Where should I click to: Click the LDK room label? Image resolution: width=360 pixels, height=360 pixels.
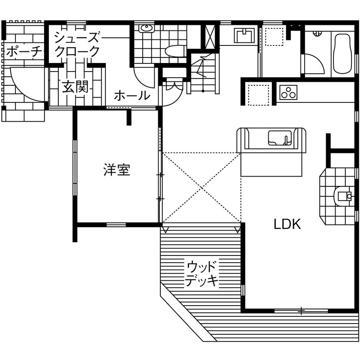287,224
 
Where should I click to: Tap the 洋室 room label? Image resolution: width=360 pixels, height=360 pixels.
117,170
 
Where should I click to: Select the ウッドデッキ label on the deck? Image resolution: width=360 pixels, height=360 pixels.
202,273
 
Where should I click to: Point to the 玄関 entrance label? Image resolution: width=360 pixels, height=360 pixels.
75,87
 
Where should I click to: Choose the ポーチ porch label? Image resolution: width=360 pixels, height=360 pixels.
24,52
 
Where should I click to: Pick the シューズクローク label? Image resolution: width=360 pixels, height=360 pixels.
77,44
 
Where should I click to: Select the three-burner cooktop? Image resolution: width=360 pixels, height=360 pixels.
288,92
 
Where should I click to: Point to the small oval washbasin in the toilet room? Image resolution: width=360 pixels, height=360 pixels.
147,29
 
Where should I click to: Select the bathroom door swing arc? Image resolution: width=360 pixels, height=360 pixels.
314,64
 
